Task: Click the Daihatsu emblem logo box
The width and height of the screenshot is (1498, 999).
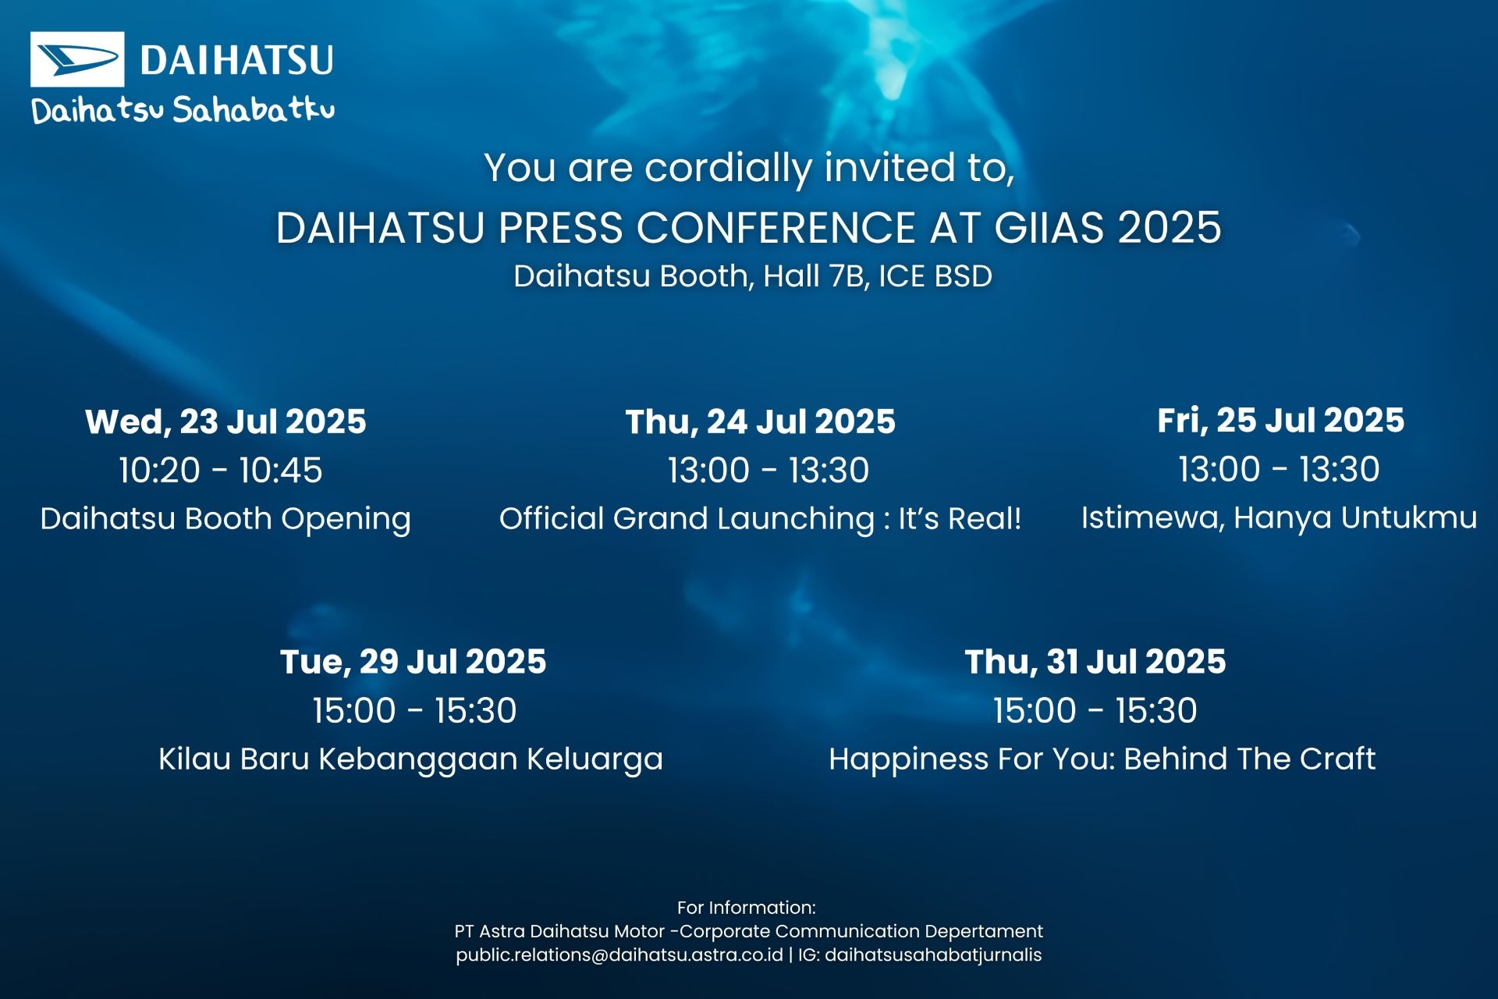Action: coord(77,59)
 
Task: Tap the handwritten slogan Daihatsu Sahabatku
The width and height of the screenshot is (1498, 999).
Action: coord(183,110)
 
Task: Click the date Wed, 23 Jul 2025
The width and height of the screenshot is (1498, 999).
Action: coord(225,421)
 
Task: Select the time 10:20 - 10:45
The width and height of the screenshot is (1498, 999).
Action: coord(221,470)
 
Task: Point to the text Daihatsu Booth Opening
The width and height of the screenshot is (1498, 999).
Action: coord(225,519)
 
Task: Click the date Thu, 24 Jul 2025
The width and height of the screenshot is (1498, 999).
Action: coord(761,421)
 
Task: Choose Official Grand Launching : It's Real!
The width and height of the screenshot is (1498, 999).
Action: coord(761,519)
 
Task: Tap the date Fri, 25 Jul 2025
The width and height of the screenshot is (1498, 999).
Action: coord(1281,420)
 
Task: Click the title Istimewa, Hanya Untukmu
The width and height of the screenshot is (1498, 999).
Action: coord(1280,517)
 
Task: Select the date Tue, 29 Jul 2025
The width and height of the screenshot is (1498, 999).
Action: coord(414,662)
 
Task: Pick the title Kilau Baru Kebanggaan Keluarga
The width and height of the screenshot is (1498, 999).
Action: coord(411,759)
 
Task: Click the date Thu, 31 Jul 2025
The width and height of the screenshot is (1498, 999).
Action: coord(1095,662)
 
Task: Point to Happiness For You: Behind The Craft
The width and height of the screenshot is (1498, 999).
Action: coord(1102,759)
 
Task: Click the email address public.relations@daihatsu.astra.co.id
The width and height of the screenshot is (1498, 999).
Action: coord(619,955)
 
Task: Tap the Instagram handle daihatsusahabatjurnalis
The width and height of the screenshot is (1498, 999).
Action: coord(933,955)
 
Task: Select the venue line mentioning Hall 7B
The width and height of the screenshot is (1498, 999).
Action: coord(753,276)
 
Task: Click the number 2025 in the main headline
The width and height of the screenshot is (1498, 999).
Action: coord(1170,228)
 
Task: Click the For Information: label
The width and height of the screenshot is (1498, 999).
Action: coord(747,908)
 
